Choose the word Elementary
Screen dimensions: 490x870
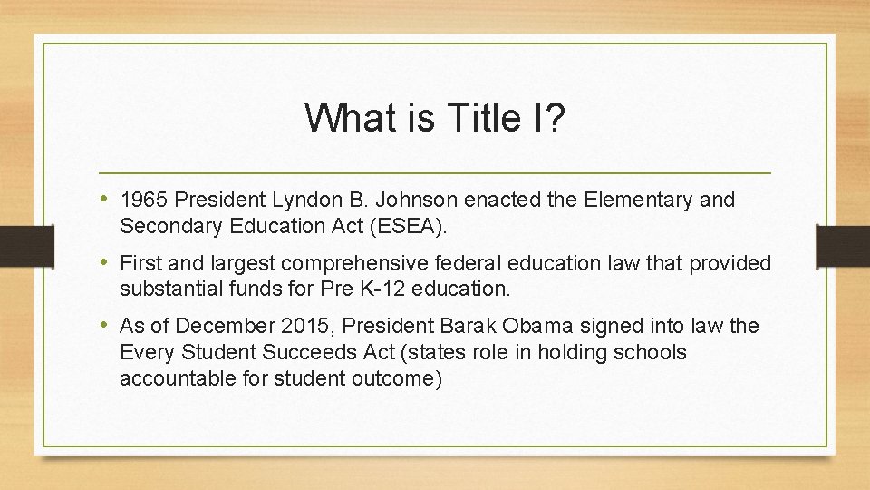click(639, 200)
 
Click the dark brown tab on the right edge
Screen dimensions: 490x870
click(842, 245)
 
